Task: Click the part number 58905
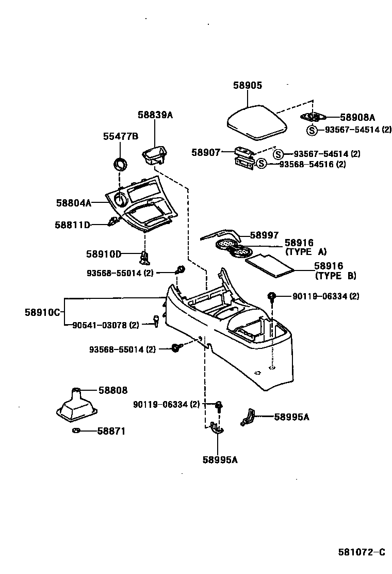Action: pyautogui.click(x=248, y=86)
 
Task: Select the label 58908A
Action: pyautogui.click(x=357, y=118)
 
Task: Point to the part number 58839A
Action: pyautogui.click(x=155, y=115)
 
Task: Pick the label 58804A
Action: pyautogui.click(x=74, y=203)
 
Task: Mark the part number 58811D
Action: pyautogui.click(x=73, y=225)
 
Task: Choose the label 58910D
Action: pyautogui.click(x=104, y=254)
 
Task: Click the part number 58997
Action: pyautogui.click(x=264, y=235)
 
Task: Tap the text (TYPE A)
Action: pyautogui.click(x=306, y=252)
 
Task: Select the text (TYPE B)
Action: pyautogui.click(x=335, y=276)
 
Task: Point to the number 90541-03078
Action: pyautogui.click(x=99, y=325)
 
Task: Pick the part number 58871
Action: pyautogui.click(x=111, y=431)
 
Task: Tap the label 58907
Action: pyautogui.click(x=206, y=152)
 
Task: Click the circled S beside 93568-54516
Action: pyautogui.click(x=262, y=164)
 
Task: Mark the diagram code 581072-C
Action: pyautogui.click(x=362, y=552)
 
